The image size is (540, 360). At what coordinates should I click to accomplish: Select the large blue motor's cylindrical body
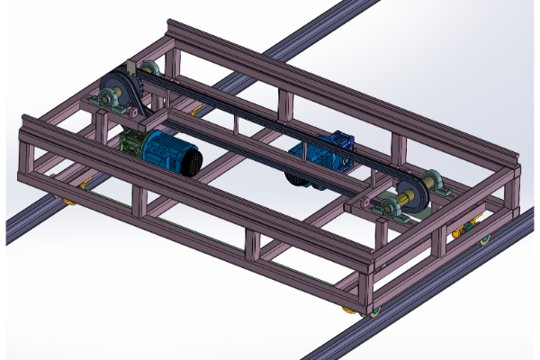[x=166, y=149]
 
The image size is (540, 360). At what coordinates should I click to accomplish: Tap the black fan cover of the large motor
[x=191, y=162]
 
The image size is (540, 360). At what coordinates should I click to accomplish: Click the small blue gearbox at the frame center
[x=340, y=142]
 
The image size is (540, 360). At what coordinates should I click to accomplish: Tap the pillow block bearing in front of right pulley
[x=393, y=210]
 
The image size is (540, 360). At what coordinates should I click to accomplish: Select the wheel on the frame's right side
[x=485, y=238]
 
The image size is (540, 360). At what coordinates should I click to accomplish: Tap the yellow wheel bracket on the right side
[x=463, y=231]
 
